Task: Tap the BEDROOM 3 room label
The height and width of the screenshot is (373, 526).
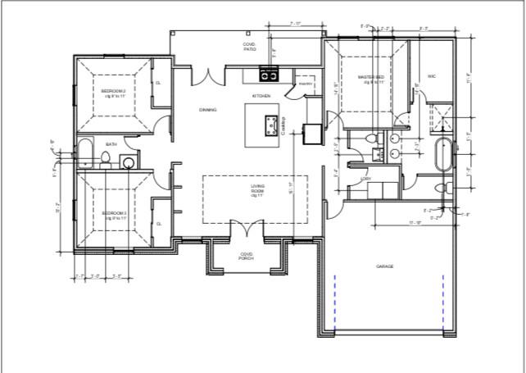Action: pos(113,215)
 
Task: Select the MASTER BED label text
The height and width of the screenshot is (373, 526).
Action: pos(371,80)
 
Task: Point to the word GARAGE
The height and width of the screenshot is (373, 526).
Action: pos(385,266)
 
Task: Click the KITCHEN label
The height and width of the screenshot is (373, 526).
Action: pos(261,96)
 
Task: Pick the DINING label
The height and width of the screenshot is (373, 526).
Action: pos(207,109)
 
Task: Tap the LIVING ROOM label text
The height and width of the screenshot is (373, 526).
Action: pos(257,190)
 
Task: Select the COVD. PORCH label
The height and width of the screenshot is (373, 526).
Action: pos(246,256)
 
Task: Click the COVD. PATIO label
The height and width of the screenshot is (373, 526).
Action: pos(249,47)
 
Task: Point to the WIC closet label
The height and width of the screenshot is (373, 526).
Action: pos(431,76)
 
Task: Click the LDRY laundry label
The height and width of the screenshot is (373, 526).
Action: pos(365,178)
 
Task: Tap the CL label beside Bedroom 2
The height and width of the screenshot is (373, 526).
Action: pos(159,82)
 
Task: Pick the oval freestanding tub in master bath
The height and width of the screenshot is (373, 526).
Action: pos(442,154)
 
